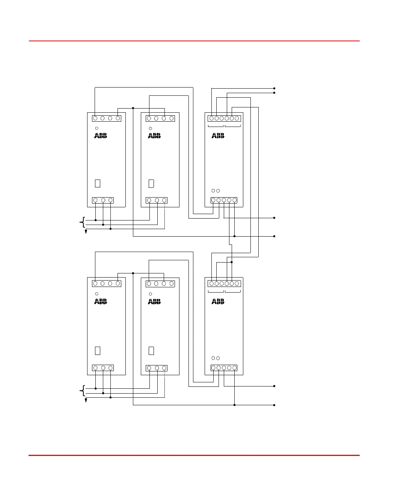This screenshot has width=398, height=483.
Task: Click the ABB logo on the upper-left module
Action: pyautogui.click(x=101, y=136)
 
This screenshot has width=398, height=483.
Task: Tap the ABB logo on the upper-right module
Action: pyautogui.click(x=218, y=136)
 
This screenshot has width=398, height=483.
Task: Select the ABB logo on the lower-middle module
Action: pyautogui.click(x=154, y=301)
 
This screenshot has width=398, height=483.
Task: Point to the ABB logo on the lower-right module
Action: pyautogui.click(x=218, y=301)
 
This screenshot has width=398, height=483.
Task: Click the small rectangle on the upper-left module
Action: pyautogui.click(x=98, y=183)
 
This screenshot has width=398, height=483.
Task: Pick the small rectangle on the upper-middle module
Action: pyautogui.click(x=151, y=183)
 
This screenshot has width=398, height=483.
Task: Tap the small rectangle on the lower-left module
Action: pyautogui.click(x=98, y=350)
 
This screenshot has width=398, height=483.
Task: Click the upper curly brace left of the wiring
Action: pyautogui.click(x=82, y=222)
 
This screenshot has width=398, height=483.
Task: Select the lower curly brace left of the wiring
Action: pyautogui.click(x=82, y=391)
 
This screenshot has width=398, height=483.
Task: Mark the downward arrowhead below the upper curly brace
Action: pyautogui.click(x=86, y=232)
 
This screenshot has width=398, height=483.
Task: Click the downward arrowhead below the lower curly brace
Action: pyautogui.click(x=86, y=401)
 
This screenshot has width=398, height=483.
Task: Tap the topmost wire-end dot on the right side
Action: pyautogui.click(x=274, y=88)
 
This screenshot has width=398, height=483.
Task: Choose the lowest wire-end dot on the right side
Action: pyautogui.click(x=274, y=405)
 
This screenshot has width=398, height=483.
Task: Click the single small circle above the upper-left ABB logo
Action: pyautogui.click(x=97, y=128)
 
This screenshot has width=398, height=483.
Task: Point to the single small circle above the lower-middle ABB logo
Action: pyautogui.click(x=151, y=294)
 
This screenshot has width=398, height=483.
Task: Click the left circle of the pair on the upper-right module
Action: pyautogui.click(x=213, y=191)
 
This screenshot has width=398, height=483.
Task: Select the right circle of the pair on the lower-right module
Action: pyautogui.click(x=218, y=358)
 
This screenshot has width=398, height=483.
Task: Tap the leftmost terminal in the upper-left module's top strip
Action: pyautogui.click(x=95, y=118)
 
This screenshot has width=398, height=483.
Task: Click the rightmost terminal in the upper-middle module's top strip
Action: pyautogui.click(x=172, y=118)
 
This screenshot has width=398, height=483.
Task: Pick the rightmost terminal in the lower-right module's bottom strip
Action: pyautogui.click(x=235, y=368)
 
